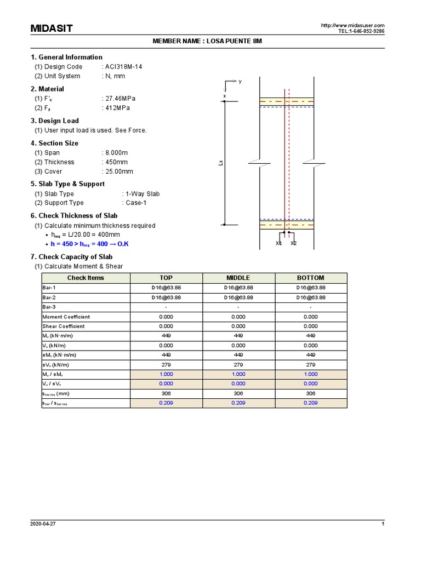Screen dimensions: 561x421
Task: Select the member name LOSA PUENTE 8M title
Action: [210, 42]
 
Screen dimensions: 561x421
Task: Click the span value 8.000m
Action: [118, 153]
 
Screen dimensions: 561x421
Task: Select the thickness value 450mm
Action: [116, 162]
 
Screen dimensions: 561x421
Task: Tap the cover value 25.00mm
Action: [119, 171]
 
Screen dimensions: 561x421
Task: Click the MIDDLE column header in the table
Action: [238, 278]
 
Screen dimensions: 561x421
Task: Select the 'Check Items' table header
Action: [86, 278]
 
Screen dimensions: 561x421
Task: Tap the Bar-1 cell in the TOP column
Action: [166, 288]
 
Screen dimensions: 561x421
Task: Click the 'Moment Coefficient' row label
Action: [66, 317]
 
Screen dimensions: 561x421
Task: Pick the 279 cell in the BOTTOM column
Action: [311, 364]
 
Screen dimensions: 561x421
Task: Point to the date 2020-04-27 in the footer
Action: [43, 524]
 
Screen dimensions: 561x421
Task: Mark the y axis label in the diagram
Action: [240, 81]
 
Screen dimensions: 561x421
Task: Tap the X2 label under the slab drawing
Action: [293, 243]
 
